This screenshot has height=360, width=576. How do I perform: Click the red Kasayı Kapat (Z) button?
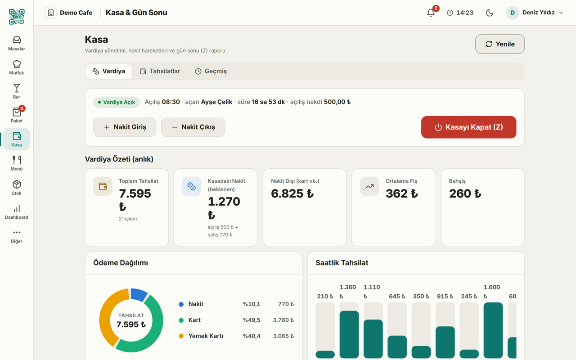(468, 127)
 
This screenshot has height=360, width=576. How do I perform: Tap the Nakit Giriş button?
(125, 127)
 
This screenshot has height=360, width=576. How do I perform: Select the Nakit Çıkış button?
(193, 127)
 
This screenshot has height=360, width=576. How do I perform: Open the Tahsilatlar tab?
(160, 71)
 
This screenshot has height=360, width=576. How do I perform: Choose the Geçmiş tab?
(211, 71)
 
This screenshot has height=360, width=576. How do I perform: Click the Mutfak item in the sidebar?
(17, 67)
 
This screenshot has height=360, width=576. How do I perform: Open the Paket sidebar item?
(17, 115)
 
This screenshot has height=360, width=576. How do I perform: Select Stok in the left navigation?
(17, 188)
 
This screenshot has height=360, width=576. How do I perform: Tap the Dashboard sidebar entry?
(17, 212)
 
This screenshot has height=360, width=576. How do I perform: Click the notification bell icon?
(431, 13)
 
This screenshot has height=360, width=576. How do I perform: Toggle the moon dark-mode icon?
(489, 13)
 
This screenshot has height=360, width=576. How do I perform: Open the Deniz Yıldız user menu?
(535, 13)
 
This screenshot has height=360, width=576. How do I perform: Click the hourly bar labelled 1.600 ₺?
(493, 330)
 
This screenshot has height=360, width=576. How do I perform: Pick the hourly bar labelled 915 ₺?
(445, 342)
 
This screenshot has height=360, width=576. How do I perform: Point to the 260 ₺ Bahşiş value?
(465, 193)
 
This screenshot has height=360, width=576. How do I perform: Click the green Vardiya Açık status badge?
(117, 102)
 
